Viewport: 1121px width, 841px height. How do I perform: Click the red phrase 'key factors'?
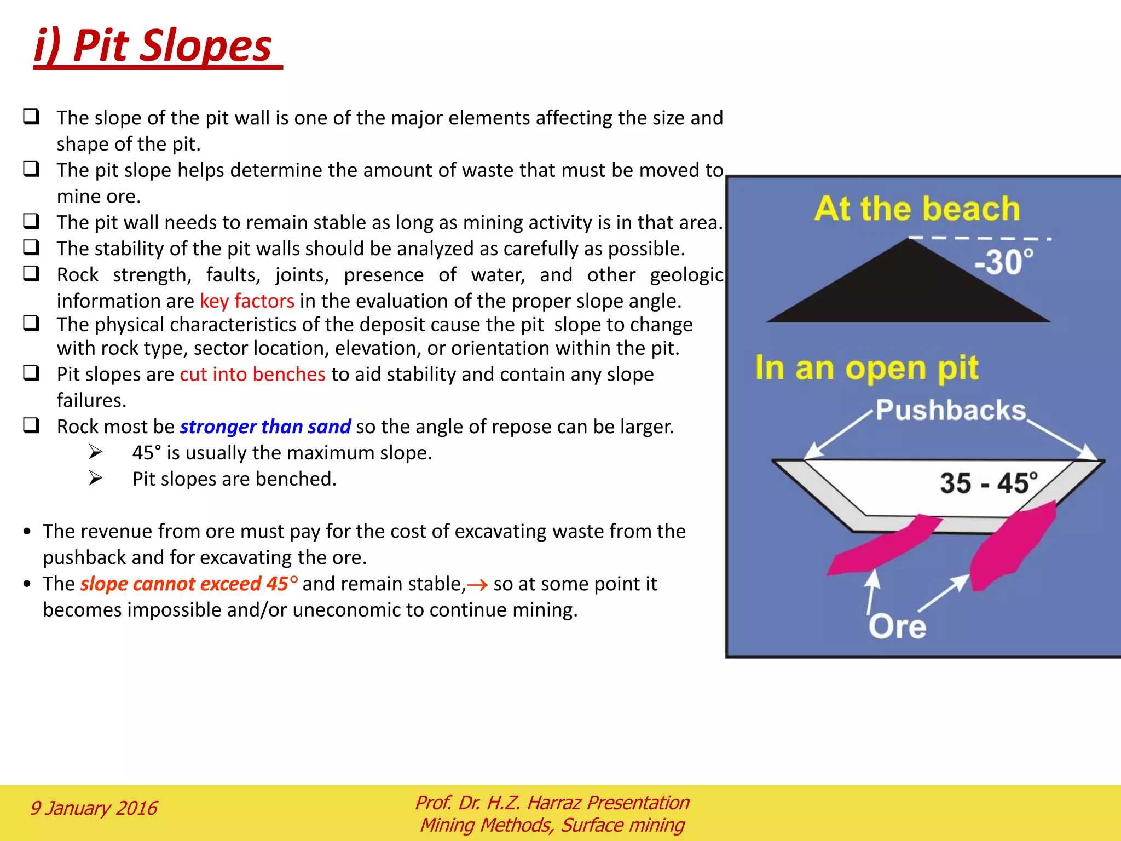[x=247, y=301]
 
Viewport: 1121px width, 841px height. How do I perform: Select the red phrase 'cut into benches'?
[x=252, y=375]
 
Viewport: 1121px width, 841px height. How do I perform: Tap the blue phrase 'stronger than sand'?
[x=265, y=427]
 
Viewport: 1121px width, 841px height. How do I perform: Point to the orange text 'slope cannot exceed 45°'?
[x=189, y=584]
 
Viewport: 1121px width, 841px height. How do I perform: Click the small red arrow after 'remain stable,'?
[x=477, y=585]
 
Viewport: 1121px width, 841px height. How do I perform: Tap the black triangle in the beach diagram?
[x=909, y=290]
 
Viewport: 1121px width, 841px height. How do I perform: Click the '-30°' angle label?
[x=1004, y=262]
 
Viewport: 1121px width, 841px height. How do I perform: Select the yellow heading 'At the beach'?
[x=917, y=209]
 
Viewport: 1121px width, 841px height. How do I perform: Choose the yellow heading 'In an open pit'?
[x=866, y=367]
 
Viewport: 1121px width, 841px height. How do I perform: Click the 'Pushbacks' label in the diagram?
[x=950, y=410]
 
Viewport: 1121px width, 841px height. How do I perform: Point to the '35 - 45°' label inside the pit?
[x=989, y=483]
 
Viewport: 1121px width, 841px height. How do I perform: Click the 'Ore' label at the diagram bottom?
[x=897, y=626]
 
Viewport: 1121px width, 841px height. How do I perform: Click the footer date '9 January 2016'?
[x=93, y=808]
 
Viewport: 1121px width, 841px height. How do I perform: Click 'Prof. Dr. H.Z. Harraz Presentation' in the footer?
[x=552, y=803]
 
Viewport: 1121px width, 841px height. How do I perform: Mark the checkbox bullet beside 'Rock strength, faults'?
[x=31, y=273]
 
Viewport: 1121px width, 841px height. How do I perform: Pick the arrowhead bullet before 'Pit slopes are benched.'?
[x=96, y=479]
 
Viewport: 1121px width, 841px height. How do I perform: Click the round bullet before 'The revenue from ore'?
[x=27, y=532]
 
